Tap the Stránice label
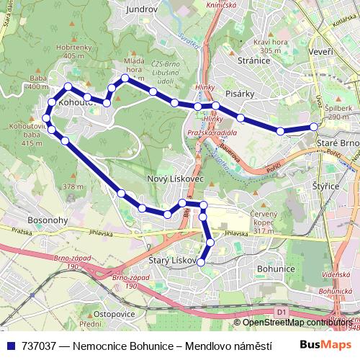coord(253,61)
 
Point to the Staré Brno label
coord(337,144)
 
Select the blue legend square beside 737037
coord(9,346)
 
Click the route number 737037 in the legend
coord(40,346)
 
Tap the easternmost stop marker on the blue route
coord(315,127)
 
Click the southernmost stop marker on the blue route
coord(201,261)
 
